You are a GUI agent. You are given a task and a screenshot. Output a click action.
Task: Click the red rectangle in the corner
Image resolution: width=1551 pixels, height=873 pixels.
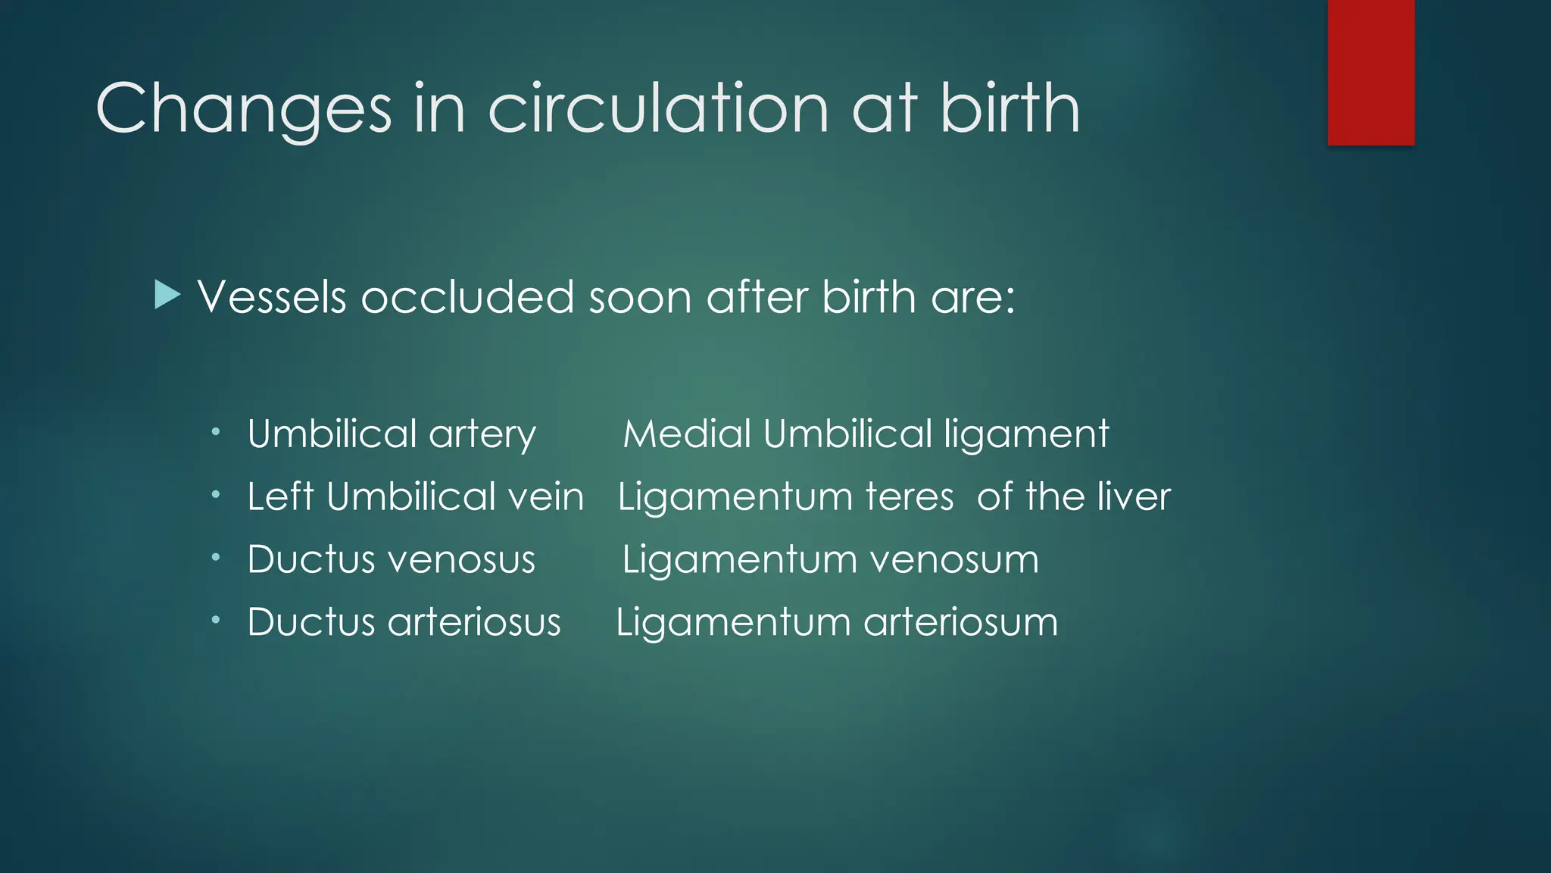click(1371, 73)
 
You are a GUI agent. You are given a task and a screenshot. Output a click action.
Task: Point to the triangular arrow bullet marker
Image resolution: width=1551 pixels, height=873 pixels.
click(167, 295)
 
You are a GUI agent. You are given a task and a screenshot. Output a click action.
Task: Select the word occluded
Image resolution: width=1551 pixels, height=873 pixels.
click(467, 296)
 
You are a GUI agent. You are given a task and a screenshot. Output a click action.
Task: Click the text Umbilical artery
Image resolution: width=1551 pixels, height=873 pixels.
click(392, 434)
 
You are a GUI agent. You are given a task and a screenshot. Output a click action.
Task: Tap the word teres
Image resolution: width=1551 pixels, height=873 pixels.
click(910, 497)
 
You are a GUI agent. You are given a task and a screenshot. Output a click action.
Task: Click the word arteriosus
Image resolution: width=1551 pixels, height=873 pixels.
click(474, 622)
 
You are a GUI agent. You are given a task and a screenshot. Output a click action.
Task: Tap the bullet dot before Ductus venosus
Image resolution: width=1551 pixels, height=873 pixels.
click(216, 558)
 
